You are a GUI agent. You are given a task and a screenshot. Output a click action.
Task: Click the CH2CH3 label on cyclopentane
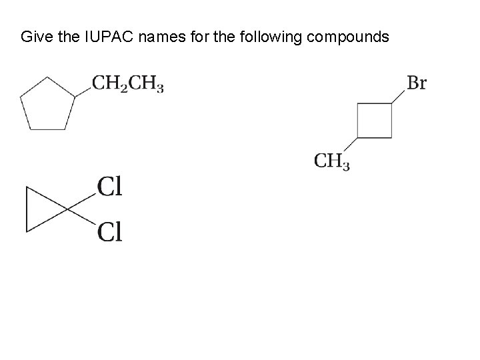coord(127,85)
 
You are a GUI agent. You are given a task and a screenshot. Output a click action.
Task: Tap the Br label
coord(416,84)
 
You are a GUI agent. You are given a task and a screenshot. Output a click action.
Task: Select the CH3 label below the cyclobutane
coord(331,161)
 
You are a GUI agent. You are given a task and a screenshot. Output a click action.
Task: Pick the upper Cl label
coord(109,187)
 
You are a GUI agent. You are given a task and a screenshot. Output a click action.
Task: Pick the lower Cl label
coord(109,233)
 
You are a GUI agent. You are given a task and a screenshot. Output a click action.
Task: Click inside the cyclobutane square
coord(374,120)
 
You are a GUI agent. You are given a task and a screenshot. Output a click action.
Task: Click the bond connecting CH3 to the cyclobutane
coord(349,146)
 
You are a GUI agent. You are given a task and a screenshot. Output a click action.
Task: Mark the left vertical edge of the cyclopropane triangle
coord(26,209)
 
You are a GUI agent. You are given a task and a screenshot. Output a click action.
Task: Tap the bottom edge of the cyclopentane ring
coord(47,129)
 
